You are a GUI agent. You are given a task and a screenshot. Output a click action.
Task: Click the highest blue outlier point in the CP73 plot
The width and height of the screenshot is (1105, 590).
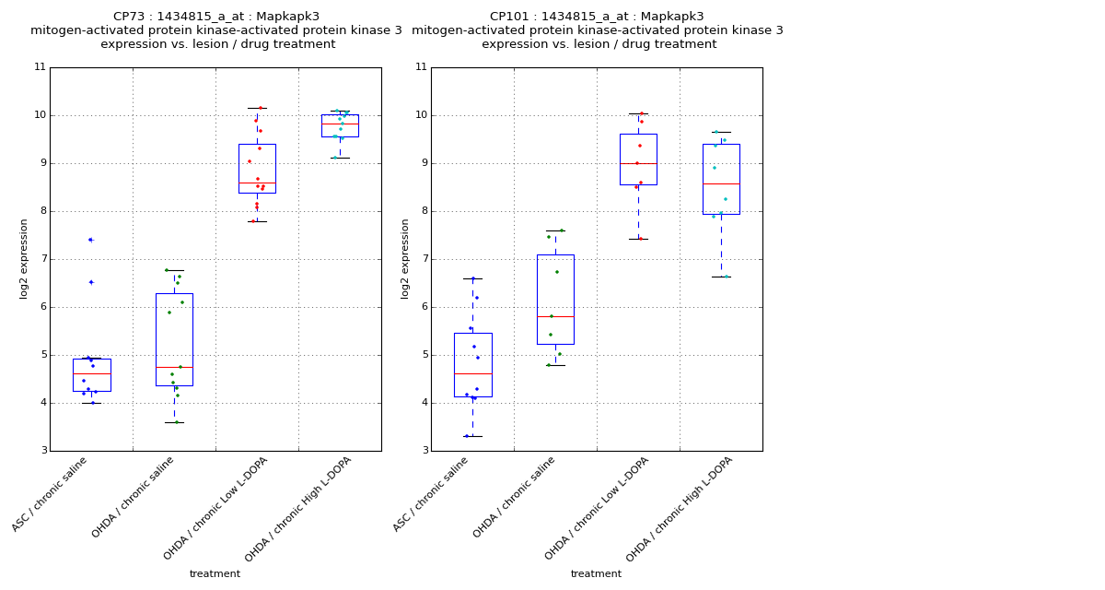90,240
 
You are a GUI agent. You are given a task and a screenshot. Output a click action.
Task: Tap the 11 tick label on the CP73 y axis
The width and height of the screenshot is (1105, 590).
40,67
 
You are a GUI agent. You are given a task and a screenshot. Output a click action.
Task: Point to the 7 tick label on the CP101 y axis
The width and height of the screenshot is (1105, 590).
421,259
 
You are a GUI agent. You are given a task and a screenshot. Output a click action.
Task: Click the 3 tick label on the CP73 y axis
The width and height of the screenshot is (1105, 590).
42,451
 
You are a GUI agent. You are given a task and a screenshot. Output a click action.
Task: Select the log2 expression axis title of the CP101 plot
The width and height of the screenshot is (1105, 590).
405,258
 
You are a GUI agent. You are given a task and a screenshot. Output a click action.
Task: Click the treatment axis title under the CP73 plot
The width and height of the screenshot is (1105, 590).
215,574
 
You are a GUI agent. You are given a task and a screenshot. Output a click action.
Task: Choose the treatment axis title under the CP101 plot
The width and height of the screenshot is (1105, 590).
596,574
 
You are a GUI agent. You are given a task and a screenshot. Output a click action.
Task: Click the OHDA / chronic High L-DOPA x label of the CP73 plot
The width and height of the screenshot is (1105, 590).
298,509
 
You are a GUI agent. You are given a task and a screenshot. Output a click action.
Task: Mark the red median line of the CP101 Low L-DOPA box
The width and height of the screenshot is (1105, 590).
638,163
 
